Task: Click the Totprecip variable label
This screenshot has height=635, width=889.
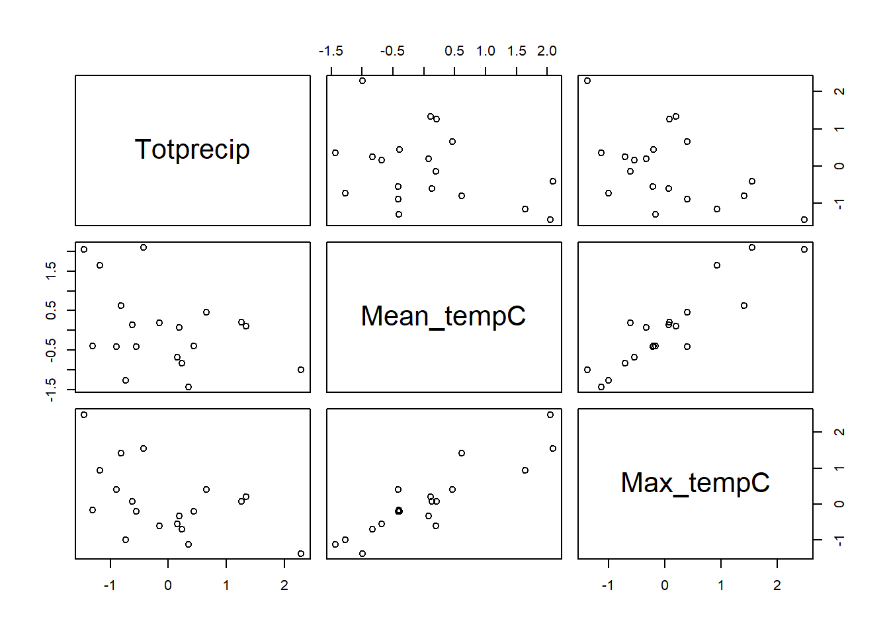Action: (x=192, y=149)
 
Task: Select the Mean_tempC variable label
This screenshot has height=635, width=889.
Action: (x=443, y=316)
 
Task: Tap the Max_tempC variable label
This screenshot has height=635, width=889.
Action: (x=695, y=483)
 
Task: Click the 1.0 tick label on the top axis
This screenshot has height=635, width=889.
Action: (x=486, y=51)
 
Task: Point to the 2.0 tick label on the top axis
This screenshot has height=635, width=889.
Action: (x=547, y=51)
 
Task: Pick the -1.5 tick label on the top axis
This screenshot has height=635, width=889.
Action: (x=331, y=51)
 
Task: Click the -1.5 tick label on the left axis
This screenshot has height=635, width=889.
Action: (x=51, y=390)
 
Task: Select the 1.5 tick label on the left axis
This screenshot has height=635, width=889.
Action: (x=51, y=270)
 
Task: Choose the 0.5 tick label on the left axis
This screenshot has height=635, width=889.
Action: (x=51, y=310)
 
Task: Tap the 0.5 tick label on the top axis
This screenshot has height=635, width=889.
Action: (x=454, y=51)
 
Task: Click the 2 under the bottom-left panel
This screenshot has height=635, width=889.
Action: (x=284, y=585)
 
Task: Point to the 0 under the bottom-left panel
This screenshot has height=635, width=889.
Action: (x=168, y=585)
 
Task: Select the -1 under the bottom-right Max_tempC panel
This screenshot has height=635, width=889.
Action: (x=607, y=585)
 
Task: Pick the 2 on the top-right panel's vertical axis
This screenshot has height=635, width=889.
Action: (x=839, y=91)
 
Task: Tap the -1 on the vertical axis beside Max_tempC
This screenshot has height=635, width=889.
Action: (x=839, y=540)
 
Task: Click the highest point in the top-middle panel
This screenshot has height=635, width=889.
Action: (x=362, y=81)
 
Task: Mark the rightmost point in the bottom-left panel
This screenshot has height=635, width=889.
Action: (x=301, y=554)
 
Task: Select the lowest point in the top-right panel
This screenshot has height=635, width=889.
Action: (x=804, y=220)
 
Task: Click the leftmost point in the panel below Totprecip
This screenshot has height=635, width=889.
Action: (x=84, y=249)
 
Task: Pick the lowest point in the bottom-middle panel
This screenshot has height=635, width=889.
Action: (x=362, y=554)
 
